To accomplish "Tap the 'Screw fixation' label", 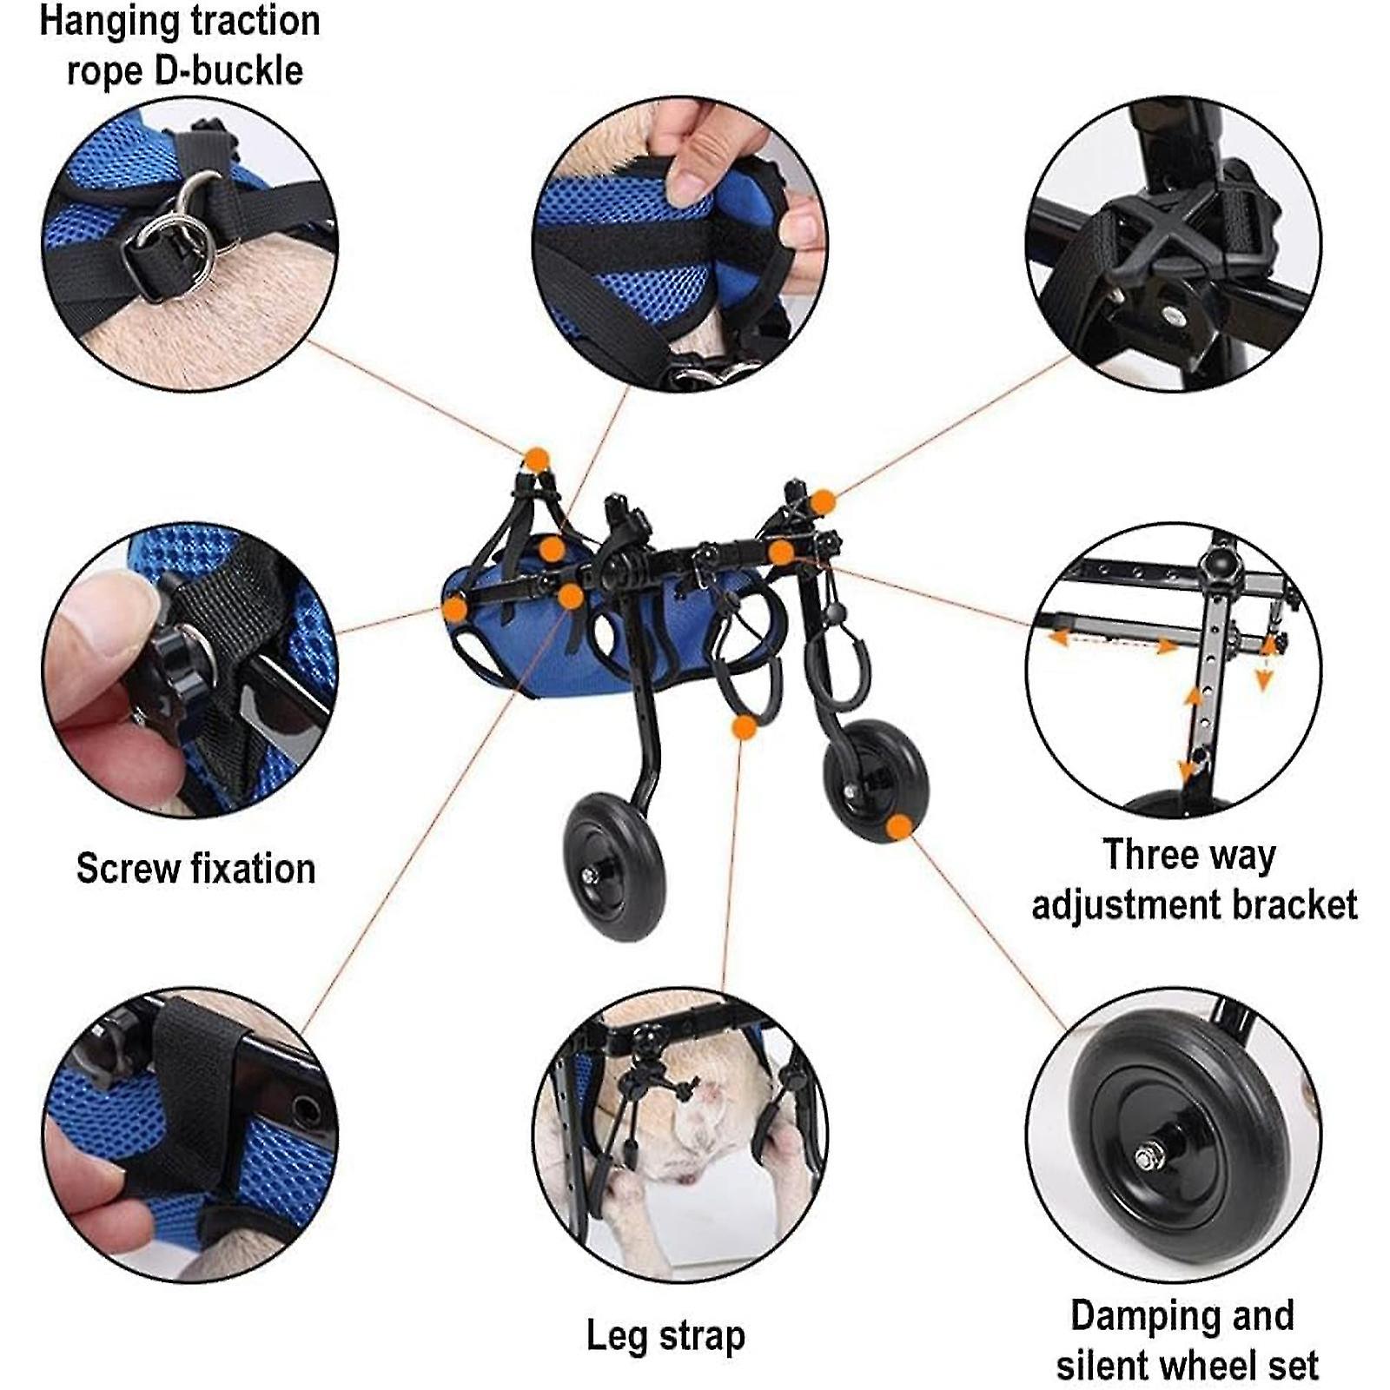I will point(195,868).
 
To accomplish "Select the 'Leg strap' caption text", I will point(665,1335).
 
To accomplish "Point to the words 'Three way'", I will point(1188,855).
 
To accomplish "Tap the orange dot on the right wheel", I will point(899,827).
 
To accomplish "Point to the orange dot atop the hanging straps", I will point(537,460).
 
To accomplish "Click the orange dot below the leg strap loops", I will point(744,727).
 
